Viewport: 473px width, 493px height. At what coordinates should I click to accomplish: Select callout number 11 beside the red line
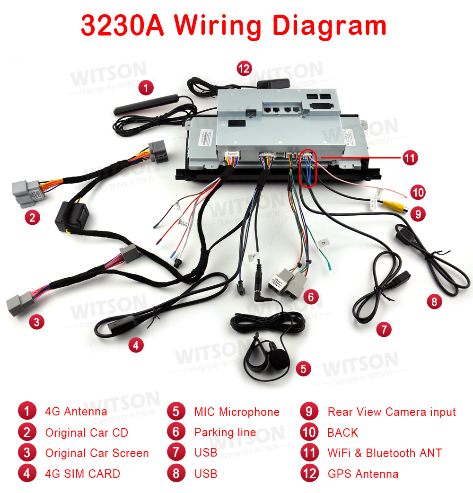pos(410,158)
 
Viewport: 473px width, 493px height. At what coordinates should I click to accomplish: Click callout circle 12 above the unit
pos(244,69)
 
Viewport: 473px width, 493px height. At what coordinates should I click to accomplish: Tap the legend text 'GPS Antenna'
pos(363,474)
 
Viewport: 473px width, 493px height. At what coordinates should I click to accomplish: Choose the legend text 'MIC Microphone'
pos(236,412)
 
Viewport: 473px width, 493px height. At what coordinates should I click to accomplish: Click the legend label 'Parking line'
pos(225,432)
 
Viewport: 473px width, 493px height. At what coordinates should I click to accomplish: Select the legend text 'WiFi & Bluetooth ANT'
pos(385,453)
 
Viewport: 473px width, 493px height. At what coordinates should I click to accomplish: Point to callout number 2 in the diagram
pos(32,218)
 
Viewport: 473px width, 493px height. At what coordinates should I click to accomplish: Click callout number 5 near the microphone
pos(303,369)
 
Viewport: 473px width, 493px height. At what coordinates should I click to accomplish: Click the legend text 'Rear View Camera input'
pos(392,412)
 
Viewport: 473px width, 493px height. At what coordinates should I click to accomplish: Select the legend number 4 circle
pos(27,474)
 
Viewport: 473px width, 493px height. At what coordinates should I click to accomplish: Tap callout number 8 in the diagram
pos(434,301)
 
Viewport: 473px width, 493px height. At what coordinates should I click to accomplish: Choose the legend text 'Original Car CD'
pos(87,432)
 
